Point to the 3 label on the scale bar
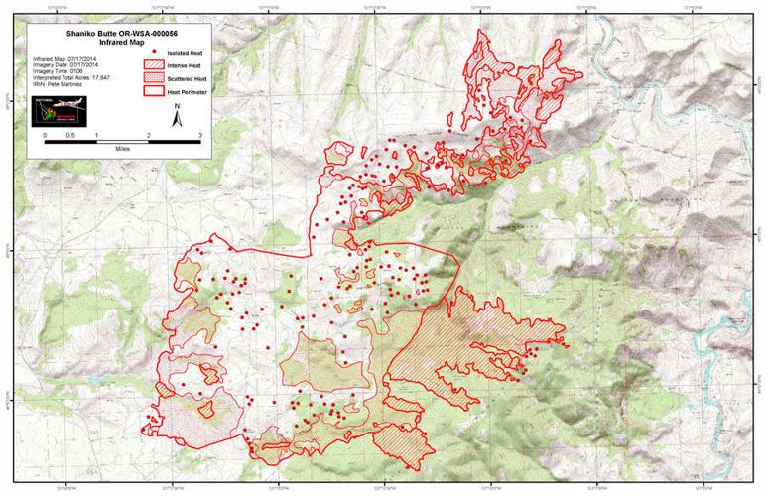click(x=200, y=132)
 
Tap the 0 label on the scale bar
click(x=45, y=132)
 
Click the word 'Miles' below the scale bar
click(x=122, y=146)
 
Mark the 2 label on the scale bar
click(x=149, y=132)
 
